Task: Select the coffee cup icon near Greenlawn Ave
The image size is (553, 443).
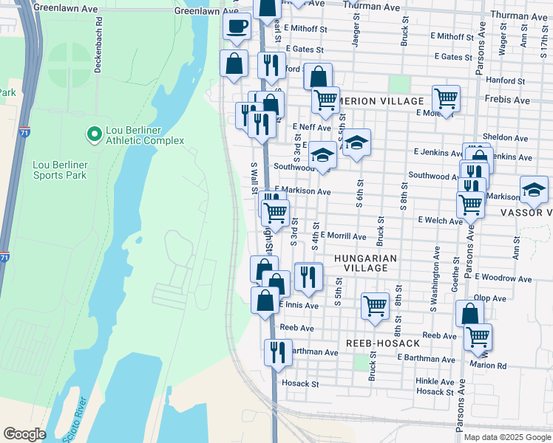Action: (237, 27)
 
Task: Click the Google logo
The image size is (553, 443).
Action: (24, 433)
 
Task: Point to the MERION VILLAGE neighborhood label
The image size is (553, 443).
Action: (381, 101)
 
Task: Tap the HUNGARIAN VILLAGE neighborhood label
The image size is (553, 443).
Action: (365, 263)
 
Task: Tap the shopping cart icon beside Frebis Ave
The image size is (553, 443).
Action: (446, 97)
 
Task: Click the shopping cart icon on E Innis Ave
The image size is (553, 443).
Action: (376, 304)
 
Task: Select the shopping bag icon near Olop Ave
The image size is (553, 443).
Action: (469, 313)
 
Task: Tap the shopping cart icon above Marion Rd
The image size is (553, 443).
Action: (478, 336)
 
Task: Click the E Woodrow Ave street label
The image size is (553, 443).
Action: (503, 279)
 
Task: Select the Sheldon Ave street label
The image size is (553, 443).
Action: (505, 138)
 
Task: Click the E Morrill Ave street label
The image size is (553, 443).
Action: (342, 236)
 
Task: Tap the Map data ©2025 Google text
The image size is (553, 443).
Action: (506, 437)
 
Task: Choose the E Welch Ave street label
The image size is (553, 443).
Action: (440, 220)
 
